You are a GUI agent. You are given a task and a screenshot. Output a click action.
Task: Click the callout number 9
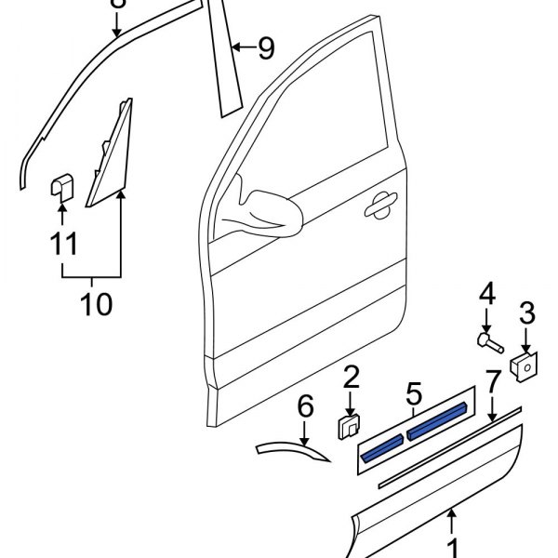click(x=266, y=47)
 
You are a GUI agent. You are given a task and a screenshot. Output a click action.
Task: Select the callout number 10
click(x=92, y=303)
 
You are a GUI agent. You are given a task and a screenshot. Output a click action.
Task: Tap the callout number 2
click(x=351, y=377)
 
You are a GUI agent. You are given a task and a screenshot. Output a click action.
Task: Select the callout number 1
click(x=454, y=546)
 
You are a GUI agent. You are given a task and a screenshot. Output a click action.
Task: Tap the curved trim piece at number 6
click(x=293, y=450)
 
